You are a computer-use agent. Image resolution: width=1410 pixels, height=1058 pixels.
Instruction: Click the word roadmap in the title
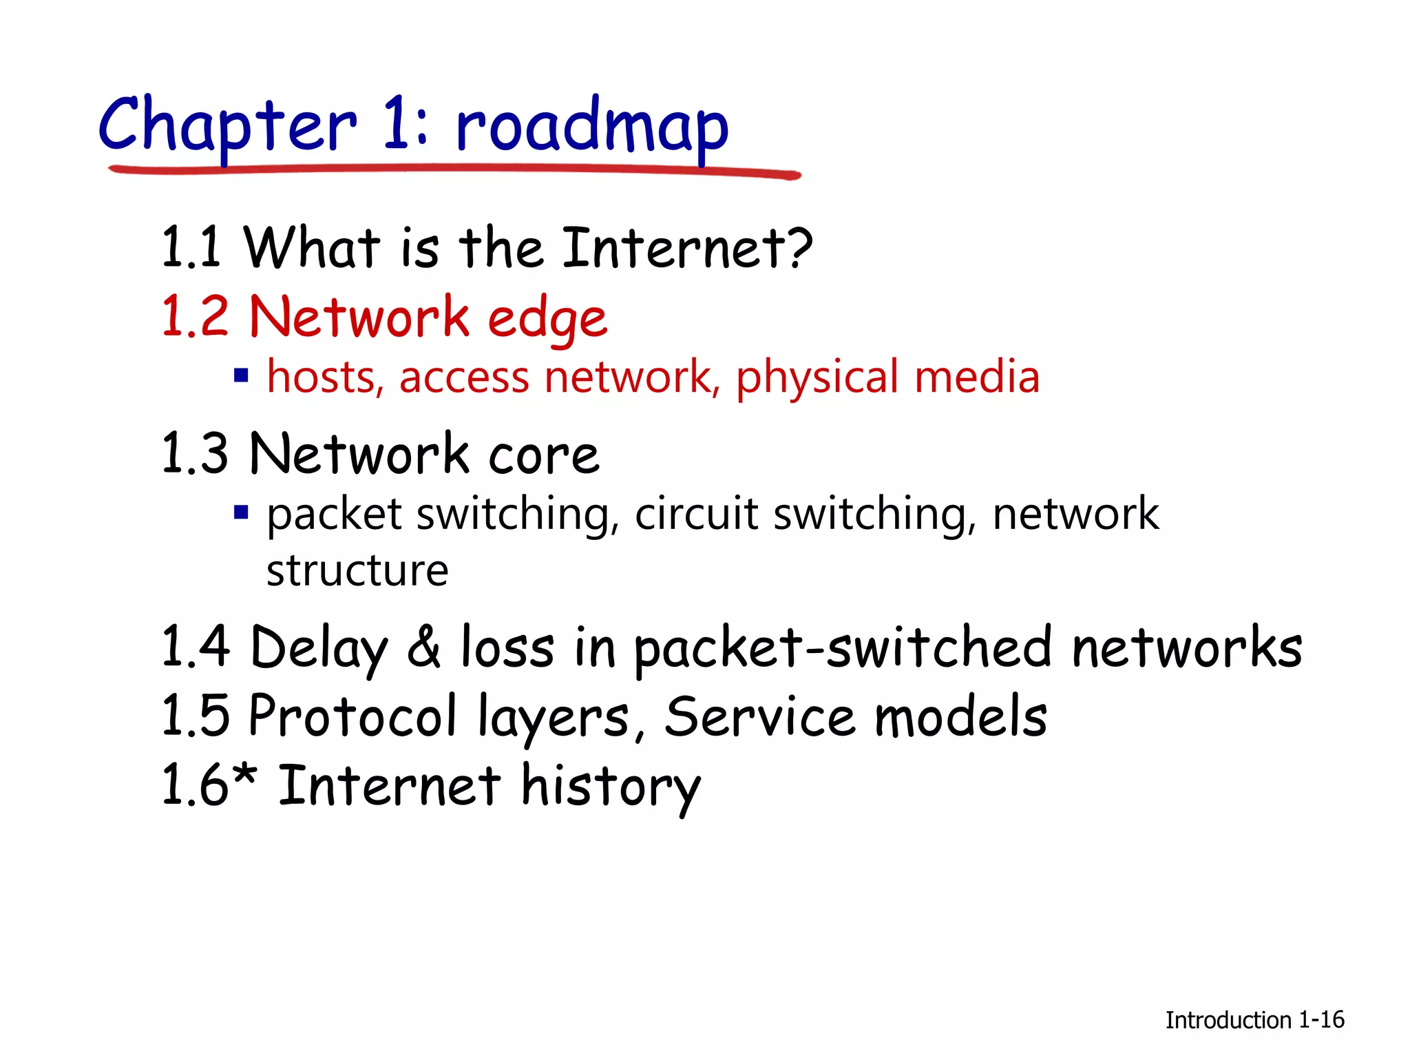592,127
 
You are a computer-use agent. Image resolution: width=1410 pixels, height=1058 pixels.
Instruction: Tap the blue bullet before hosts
241,376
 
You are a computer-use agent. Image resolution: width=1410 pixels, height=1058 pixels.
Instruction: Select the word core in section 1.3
544,455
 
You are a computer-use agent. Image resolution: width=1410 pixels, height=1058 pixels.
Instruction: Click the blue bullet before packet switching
241,512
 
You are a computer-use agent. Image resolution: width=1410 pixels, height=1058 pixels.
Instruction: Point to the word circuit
695,514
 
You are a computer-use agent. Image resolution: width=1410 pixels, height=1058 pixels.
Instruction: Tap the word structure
357,571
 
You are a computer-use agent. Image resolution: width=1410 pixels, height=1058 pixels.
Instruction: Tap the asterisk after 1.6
244,775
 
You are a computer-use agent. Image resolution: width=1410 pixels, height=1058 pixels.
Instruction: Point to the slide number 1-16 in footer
1321,1020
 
